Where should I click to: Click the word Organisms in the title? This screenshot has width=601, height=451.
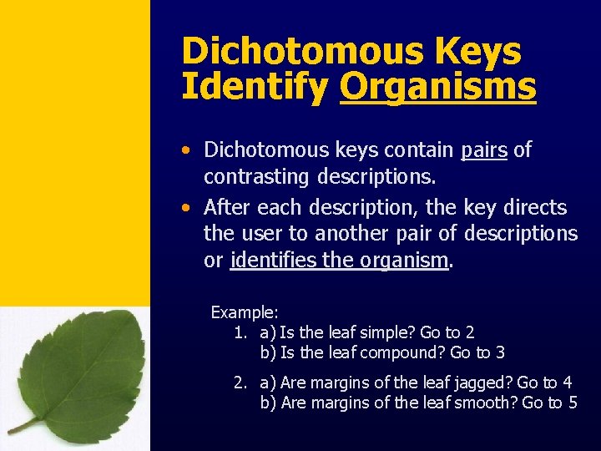click(437, 86)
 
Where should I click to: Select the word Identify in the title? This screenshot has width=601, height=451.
click(255, 86)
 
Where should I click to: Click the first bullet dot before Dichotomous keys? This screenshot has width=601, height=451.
click(191, 151)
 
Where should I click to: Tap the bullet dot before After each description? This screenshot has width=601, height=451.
click(191, 208)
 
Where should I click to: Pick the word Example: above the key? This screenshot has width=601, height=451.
click(245, 312)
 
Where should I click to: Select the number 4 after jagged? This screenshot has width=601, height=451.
click(568, 383)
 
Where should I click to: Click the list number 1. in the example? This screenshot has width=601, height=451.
click(240, 332)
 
